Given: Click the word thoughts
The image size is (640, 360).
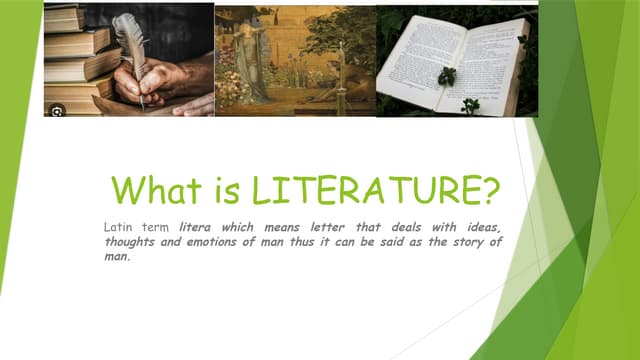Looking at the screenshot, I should (x=131, y=242).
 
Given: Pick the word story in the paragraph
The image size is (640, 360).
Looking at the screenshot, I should (x=463, y=242).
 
